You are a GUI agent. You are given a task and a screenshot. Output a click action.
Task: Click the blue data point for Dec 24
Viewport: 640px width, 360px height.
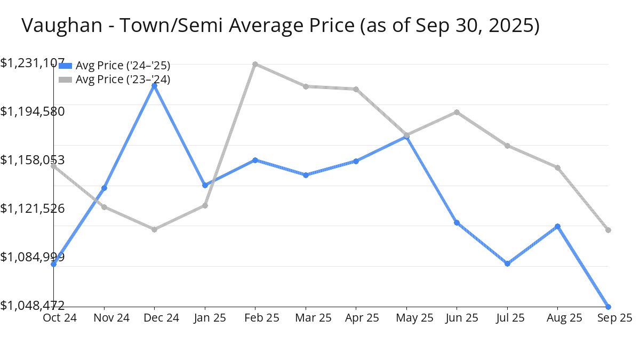[154, 86]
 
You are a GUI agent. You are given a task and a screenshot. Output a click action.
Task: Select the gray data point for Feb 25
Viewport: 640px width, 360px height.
[255, 64]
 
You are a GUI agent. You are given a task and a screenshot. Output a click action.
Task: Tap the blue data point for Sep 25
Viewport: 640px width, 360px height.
[609, 307]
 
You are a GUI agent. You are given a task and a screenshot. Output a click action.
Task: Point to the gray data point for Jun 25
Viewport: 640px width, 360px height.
[457, 112]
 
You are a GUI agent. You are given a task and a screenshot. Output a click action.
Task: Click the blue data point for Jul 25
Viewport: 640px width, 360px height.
[507, 263]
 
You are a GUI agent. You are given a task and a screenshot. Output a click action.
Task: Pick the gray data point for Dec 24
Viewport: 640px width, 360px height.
[154, 229]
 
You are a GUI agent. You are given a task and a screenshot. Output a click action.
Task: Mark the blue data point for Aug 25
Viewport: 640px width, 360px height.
[558, 226]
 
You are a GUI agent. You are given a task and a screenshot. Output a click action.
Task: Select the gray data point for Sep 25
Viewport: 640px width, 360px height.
[609, 230]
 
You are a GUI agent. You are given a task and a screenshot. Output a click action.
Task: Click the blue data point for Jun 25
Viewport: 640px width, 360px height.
[457, 222]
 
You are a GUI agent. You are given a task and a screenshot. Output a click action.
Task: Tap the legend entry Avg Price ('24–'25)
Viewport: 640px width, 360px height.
[123, 66]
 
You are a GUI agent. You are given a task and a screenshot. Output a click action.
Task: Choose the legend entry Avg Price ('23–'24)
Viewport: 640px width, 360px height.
[123, 79]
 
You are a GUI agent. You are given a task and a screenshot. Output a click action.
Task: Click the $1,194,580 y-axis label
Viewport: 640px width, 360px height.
[33, 111]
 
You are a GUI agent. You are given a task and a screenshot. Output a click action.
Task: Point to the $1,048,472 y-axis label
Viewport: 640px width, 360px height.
[33, 305]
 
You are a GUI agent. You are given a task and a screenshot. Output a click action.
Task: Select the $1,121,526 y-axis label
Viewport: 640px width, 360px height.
[33, 208]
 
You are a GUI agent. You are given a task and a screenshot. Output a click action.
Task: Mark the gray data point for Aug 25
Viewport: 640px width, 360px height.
[558, 167]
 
